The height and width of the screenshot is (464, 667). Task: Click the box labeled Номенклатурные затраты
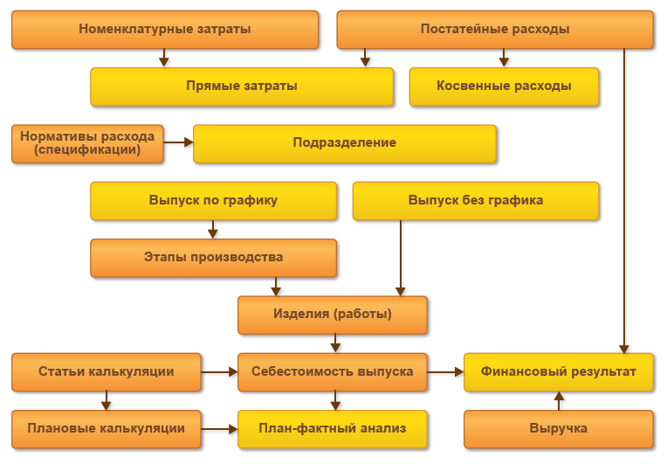[x=165, y=30]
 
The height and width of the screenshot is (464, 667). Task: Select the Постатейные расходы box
[x=495, y=30]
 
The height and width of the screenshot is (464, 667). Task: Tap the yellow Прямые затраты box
[x=242, y=87]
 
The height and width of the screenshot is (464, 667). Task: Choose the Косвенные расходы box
[x=504, y=87]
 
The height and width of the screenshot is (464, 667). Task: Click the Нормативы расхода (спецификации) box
[x=87, y=143]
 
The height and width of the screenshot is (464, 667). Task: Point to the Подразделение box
[x=345, y=143]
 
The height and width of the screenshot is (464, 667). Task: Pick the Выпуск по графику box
[x=213, y=200]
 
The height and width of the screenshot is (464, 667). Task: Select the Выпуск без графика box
[x=476, y=200]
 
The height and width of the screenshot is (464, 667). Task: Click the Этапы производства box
[x=213, y=258]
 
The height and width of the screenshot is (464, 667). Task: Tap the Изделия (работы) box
[x=333, y=315]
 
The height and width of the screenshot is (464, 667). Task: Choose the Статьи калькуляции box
[x=107, y=371]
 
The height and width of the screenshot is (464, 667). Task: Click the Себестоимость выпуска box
[x=333, y=371]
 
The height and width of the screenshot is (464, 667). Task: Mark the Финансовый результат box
[x=559, y=371]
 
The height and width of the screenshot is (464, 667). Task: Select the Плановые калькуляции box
[x=107, y=429]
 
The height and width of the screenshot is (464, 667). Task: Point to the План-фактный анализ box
[x=333, y=429]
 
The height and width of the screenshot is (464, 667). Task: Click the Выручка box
[x=559, y=429]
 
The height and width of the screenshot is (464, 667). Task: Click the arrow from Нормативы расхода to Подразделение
[x=179, y=142]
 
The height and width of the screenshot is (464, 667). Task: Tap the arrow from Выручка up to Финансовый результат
[x=560, y=400]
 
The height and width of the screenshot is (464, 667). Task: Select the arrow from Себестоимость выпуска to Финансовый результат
[x=445, y=371]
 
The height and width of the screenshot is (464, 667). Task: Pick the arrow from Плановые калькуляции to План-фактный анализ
[x=220, y=429]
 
